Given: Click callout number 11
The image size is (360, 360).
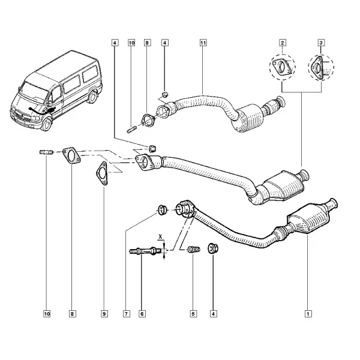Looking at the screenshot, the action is [203, 43].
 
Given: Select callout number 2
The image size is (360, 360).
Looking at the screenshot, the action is [282, 43].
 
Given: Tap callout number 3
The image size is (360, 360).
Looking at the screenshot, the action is [321, 43].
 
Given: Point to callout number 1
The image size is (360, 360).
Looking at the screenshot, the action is [308, 314].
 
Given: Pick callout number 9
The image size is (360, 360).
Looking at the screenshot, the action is [104, 314].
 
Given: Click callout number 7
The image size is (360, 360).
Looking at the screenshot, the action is [126, 314].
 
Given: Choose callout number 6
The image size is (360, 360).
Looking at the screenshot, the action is [142, 314].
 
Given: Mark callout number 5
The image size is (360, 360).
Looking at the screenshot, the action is [193, 314].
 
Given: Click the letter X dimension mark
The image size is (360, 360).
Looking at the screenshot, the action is [160, 236].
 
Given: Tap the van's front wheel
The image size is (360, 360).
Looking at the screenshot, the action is [47, 124].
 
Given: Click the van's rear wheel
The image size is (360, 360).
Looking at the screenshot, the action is [93, 97].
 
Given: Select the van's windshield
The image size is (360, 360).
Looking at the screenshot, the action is [34, 92].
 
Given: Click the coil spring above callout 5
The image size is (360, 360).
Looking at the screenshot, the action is [194, 249].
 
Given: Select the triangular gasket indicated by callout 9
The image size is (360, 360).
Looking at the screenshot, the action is [102, 173].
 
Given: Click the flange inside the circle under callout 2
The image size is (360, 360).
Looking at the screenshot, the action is [282, 67].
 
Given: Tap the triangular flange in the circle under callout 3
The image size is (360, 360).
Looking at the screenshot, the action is [317, 67].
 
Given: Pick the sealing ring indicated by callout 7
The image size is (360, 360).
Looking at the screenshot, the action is [161, 209].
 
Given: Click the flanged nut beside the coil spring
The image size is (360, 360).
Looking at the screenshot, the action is [213, 248].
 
